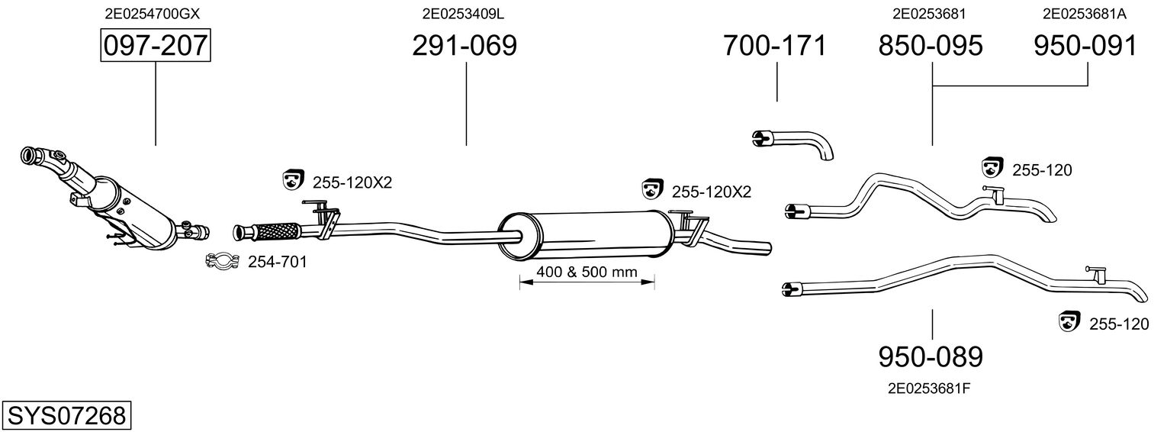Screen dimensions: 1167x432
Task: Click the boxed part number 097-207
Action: (x=156, y=45)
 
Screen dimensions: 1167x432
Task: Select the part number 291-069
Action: (x=465, y=46)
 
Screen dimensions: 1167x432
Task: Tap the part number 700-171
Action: (x=775, y=46)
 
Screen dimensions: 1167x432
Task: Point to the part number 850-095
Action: (x=931, y=46)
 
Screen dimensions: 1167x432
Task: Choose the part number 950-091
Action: (x=1085, y=46)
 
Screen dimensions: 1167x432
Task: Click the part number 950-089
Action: (x=931, y=357)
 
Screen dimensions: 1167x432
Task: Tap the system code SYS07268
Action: (x=66, y=416)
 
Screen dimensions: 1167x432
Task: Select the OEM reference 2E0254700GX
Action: (x=152, y=14)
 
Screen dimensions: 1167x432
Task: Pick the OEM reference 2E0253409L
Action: (x=463, y=14)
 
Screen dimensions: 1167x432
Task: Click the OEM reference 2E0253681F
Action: (x=929, y=388)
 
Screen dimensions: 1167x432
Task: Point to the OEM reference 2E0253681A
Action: (x=1085, y=14)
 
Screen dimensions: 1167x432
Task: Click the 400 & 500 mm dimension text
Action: (x=587, y=272)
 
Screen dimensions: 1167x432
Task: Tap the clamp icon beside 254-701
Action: (x=222, y=260)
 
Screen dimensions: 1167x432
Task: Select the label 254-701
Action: (x=277, y=262)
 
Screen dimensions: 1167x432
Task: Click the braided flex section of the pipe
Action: (x=277, y=231)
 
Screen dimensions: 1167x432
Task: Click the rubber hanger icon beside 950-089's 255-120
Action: (x=1069, y=321)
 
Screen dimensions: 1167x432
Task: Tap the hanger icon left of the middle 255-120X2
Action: (x=652, y=189)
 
